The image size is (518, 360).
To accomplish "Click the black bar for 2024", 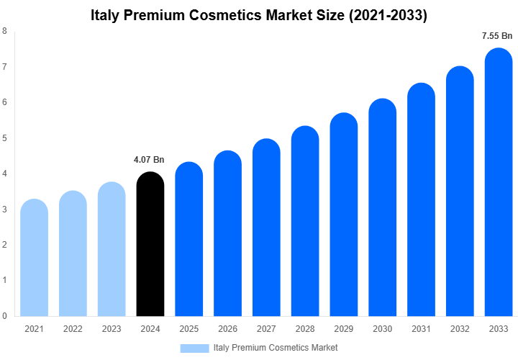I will (x=150, y=245).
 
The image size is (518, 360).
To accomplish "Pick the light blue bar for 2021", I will (x=34, y=259).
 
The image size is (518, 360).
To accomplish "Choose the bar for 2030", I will (x=382, y=209).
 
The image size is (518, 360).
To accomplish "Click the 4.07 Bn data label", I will (x=149, y=160).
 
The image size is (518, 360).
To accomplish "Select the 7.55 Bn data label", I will (x=497, y=35).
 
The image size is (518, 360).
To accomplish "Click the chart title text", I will (x=259, y=15).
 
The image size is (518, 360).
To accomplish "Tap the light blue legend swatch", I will (x=194, y=348).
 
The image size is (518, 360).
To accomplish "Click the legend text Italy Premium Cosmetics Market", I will (x=276, y=348).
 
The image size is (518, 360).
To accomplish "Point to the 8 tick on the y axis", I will (x=5, y=31).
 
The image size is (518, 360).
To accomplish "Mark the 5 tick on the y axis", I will (x=5, y=138).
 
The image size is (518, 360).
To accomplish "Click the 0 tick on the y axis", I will (x=5, y=315).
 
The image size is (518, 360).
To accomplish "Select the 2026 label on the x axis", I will (x=227, y=329).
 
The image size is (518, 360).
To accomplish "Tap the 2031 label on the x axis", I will (x=421, y=329).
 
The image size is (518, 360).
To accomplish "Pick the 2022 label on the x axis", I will (x=73, y=329).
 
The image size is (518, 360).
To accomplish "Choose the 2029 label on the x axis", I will (x=343, y=329).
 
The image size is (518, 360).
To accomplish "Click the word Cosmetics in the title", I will (x=240, y=15).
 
